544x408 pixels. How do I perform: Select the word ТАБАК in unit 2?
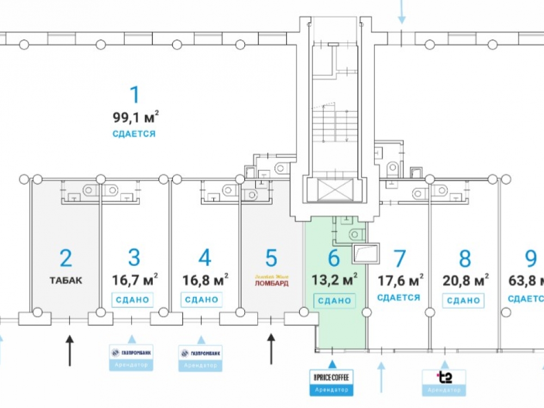coord(65,281)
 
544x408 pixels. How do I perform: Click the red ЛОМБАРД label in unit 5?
coord(271,283)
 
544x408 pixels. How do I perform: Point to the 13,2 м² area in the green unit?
coord(334,281)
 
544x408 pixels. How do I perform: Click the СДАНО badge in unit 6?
coord(334,300)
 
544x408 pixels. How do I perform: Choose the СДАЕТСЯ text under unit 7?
coord(399,298)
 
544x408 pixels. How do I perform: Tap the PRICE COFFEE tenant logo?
coord(331,376)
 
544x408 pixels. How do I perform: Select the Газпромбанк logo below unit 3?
coord(131,353)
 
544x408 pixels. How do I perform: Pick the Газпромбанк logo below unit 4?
coord(201,353)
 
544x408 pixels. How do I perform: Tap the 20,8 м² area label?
coord(465,281)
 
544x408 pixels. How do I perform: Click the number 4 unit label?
coord(205,258)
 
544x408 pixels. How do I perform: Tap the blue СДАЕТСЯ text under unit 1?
coord(134,134)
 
